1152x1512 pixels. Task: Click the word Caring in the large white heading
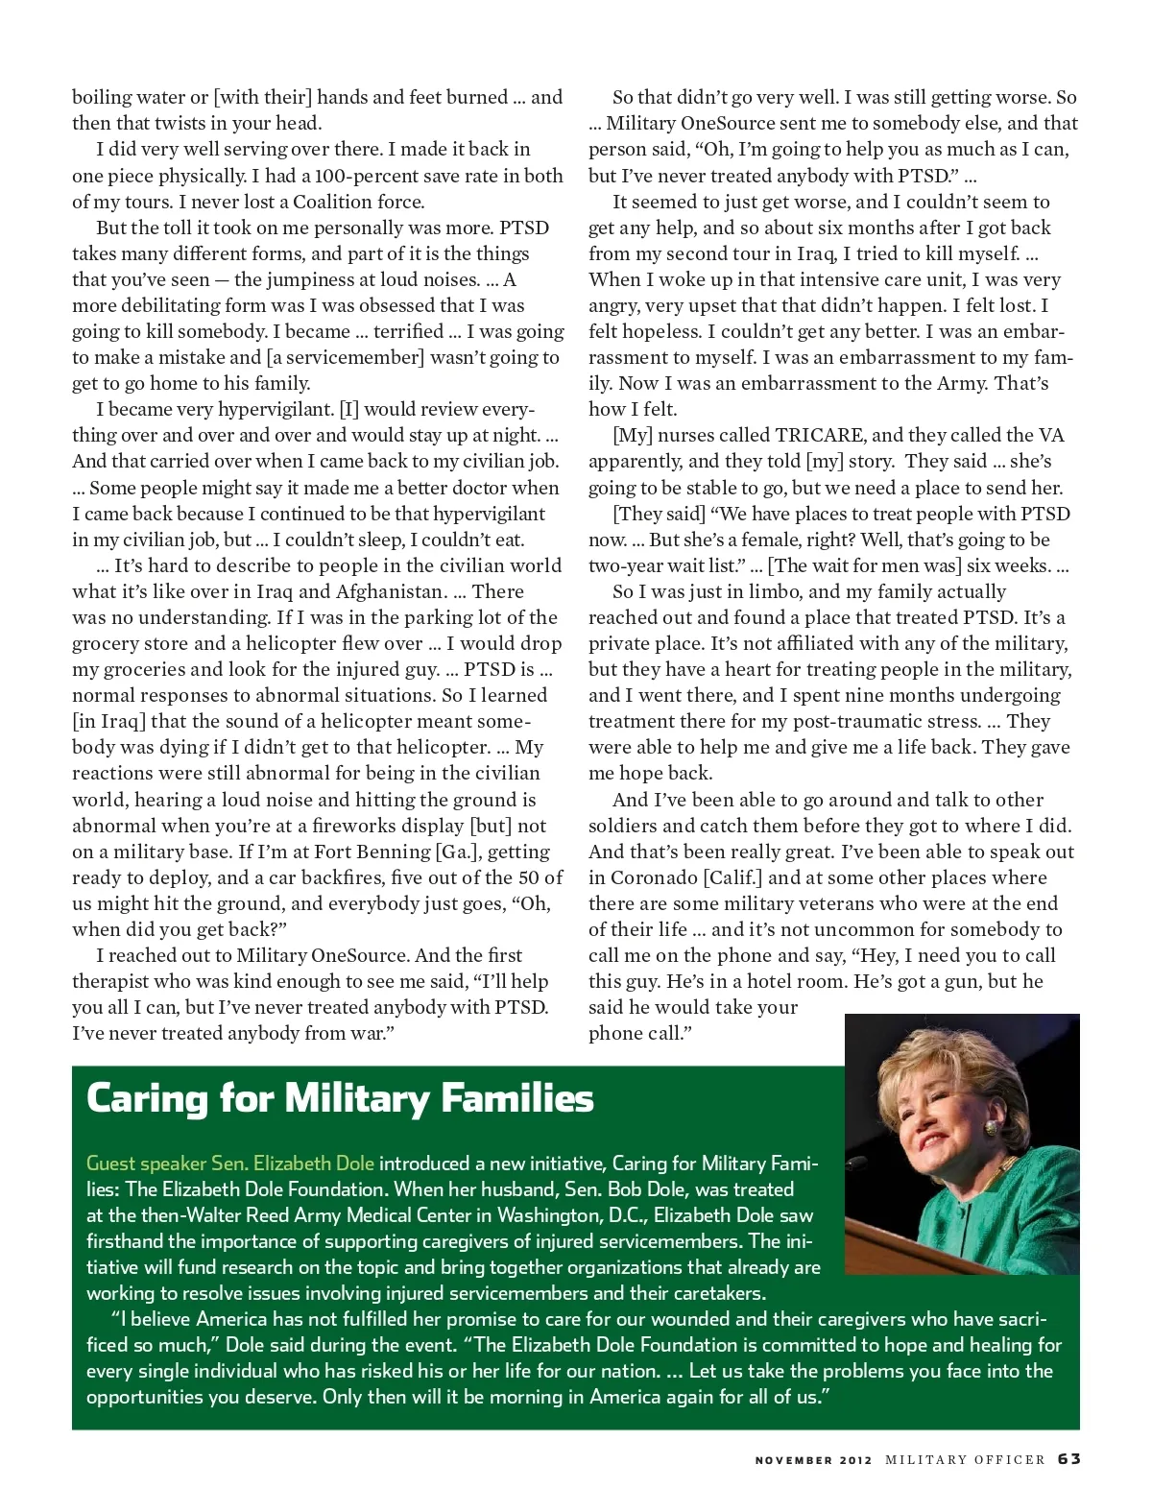[144, 1098]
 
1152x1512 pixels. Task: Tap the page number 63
[1068, 1459]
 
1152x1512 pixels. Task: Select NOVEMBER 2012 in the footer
[813, 1460]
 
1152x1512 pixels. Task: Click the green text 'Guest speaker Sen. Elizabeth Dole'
[230, 1164]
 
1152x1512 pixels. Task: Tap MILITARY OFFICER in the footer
[965, 1460]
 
